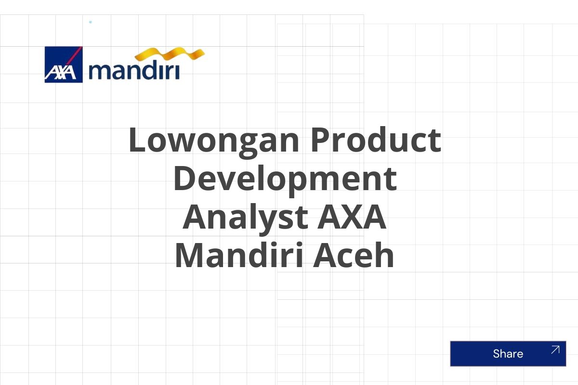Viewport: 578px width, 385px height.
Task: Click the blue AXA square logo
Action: pyautogui.click(x=64, y=64)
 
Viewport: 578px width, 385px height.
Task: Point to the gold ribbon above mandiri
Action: pyautogui.click(x=170, y=55)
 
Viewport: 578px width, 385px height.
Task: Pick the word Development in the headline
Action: pyautogui.click(x=285, y=179)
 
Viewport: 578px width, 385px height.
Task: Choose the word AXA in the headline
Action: pyautogui.click(x=352, y=218)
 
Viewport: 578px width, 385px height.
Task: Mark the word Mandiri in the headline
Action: pyautogui.click(x=238, y=256)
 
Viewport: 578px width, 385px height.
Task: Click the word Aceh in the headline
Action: pyautogui.click(x=354, y=256)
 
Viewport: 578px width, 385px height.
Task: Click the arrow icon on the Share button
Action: pyautogui.click(x=555, y=350)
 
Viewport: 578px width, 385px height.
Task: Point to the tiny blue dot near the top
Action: pyautogui.click(x=91, y=22)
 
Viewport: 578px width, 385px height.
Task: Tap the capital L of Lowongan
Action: pyautogui.click(x=137, y=140)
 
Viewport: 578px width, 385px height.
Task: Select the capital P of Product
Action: pyautogui.click(x=320, y=140)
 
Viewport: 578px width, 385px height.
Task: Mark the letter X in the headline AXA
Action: pyautogui.click(x=352, y=218)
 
